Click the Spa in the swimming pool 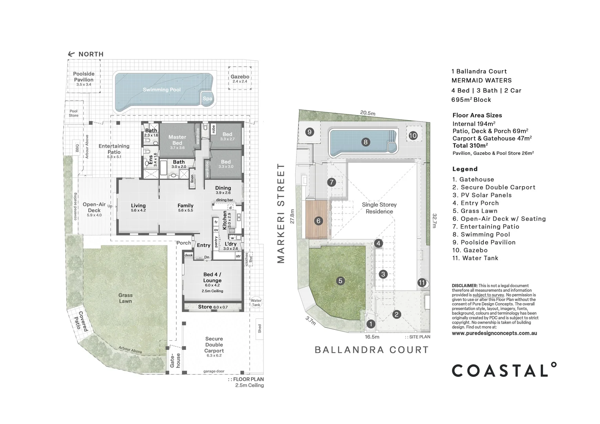click(x=207, y=99)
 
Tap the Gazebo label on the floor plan click(x=240, y=77)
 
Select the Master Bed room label click(x=177, y=140)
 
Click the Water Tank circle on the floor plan click(x=256, y=303)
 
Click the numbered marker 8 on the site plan click(x=365, y=142)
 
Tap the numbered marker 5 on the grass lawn click(x=340, y=281)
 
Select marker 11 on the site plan click(x=422, y=283)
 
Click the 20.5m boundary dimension click(x=368, y=113)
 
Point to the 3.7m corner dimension click(x=310, y=321)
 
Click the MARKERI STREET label click(x=280, y=213)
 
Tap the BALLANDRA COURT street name click(x=371, y=350)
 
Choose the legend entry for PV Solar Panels click(x=482, y=195)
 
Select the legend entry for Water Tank click(x=475, y=258)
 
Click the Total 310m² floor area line click(x=470, y=146)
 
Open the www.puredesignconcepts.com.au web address click(x=494, y=333)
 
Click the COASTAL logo click(x=504, y=370)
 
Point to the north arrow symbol click(x=71, y=54)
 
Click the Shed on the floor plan click(x=260, y=328)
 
